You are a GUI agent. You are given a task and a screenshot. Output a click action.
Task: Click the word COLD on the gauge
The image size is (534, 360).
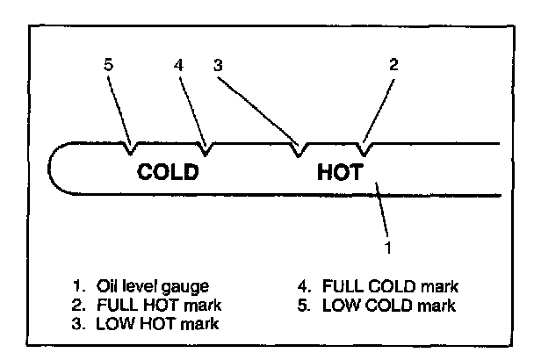168,172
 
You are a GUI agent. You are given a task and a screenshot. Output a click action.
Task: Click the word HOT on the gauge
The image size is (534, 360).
339,172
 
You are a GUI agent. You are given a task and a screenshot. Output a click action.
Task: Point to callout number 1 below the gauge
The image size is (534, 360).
388,248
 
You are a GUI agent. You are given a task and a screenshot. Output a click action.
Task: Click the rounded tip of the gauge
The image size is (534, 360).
53,168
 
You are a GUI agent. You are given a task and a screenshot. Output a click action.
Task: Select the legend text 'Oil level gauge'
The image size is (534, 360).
153,287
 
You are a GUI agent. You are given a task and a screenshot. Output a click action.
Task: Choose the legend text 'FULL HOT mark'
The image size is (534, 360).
159,306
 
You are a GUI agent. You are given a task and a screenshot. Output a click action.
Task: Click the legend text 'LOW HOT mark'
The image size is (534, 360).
157,324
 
